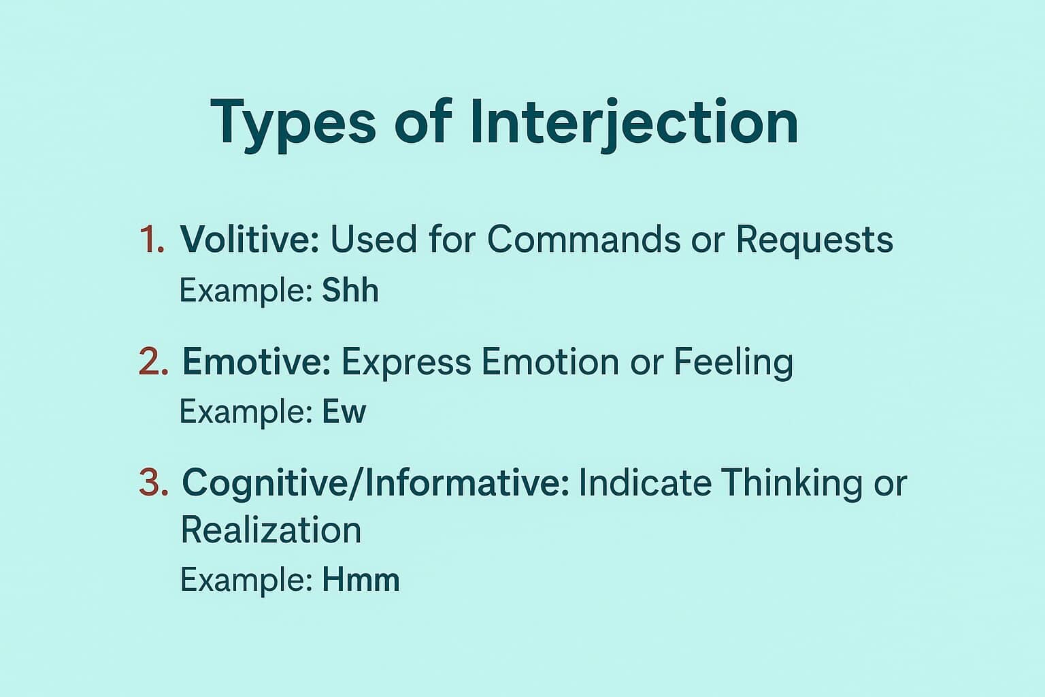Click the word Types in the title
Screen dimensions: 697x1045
coord(293,123)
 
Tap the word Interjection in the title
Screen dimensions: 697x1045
coord(633,123)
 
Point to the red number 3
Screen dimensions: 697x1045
coord(153,483)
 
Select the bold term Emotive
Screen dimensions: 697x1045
coord(256,361)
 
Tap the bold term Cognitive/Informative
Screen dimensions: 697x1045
coord(375,483)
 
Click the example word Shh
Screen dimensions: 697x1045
coord(350,291)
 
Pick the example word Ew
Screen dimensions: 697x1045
coord(344,412)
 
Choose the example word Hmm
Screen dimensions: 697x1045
coord(361,580)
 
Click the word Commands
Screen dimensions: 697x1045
coord(584,240)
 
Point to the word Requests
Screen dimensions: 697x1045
coord(814,240)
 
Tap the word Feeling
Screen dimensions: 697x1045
coord(733,361)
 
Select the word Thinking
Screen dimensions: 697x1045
coord(791,483)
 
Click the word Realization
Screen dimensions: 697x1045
coord(271,530)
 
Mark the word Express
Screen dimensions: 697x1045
coord(405,361)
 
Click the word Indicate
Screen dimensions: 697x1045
coord(645,483)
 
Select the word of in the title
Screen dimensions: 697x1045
coord(422,123)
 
